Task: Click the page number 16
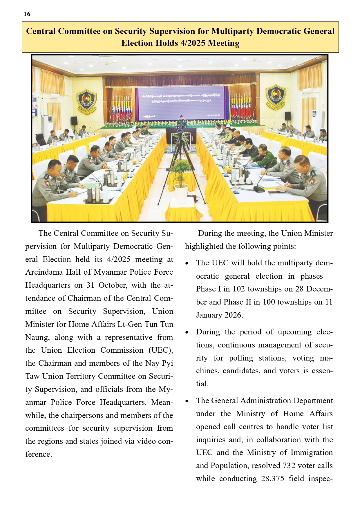[27, 14]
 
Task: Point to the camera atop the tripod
[180, 128]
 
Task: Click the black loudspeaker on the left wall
[74, 121]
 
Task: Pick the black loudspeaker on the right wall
[287, 116]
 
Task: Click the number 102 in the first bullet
[238, 289]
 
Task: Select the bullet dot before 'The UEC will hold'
[187, 264]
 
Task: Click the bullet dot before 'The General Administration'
[187, 401]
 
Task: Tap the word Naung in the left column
[37, 338]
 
